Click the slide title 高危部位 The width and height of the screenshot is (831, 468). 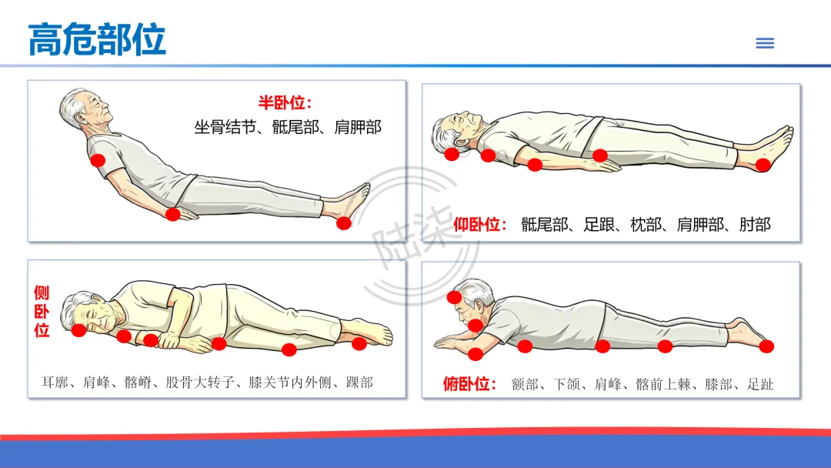coord(97,40)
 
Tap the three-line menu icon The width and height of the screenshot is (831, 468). coord(765,43)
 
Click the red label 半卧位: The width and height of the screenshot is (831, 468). coord(285,102)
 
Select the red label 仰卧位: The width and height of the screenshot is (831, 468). coord(480,225)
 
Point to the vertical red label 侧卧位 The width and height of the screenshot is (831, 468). coord(42,311)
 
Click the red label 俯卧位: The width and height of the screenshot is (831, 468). coord(469,384)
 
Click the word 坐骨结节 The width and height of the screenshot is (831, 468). coord(225,127)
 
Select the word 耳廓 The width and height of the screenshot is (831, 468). coord(55,382)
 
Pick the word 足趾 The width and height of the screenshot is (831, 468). coord(760,384)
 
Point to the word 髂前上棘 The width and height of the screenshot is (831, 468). coord(663,384)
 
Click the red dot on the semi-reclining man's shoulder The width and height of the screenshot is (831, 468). coord(98,160)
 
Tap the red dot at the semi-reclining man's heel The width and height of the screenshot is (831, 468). coord(344,223)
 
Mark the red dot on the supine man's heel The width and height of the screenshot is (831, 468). coord(763,165)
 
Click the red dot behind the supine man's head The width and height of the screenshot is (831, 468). coord(452,154)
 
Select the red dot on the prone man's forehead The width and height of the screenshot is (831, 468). coord(454,297)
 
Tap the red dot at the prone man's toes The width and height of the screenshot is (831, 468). coord(766,346)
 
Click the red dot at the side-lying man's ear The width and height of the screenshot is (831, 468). coord(79,330)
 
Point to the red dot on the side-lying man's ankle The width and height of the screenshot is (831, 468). coord(359,343)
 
